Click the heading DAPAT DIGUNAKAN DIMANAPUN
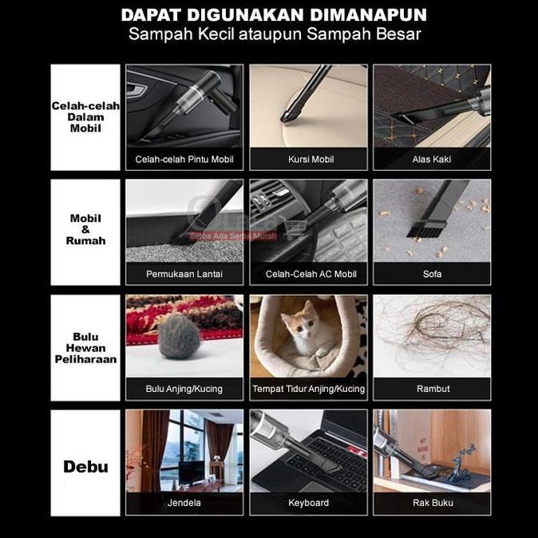[x=275, y=15]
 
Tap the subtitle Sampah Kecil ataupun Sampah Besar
[x=275, y=34]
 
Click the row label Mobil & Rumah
[x=85, y=229]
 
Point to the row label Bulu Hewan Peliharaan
[x=85, y=347]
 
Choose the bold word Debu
[x=85, y=465]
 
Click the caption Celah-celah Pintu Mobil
[x=184, y=160]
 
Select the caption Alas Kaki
[x=432, y=160]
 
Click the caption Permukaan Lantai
[x=184, y=275]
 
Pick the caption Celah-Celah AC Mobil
[x=309, y=275]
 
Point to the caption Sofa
[x=432, y=275]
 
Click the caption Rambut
[x=432, y=390]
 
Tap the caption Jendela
[x=184, y=504]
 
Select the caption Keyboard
[x=309, y=504]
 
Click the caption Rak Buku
[x=432, y=504]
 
